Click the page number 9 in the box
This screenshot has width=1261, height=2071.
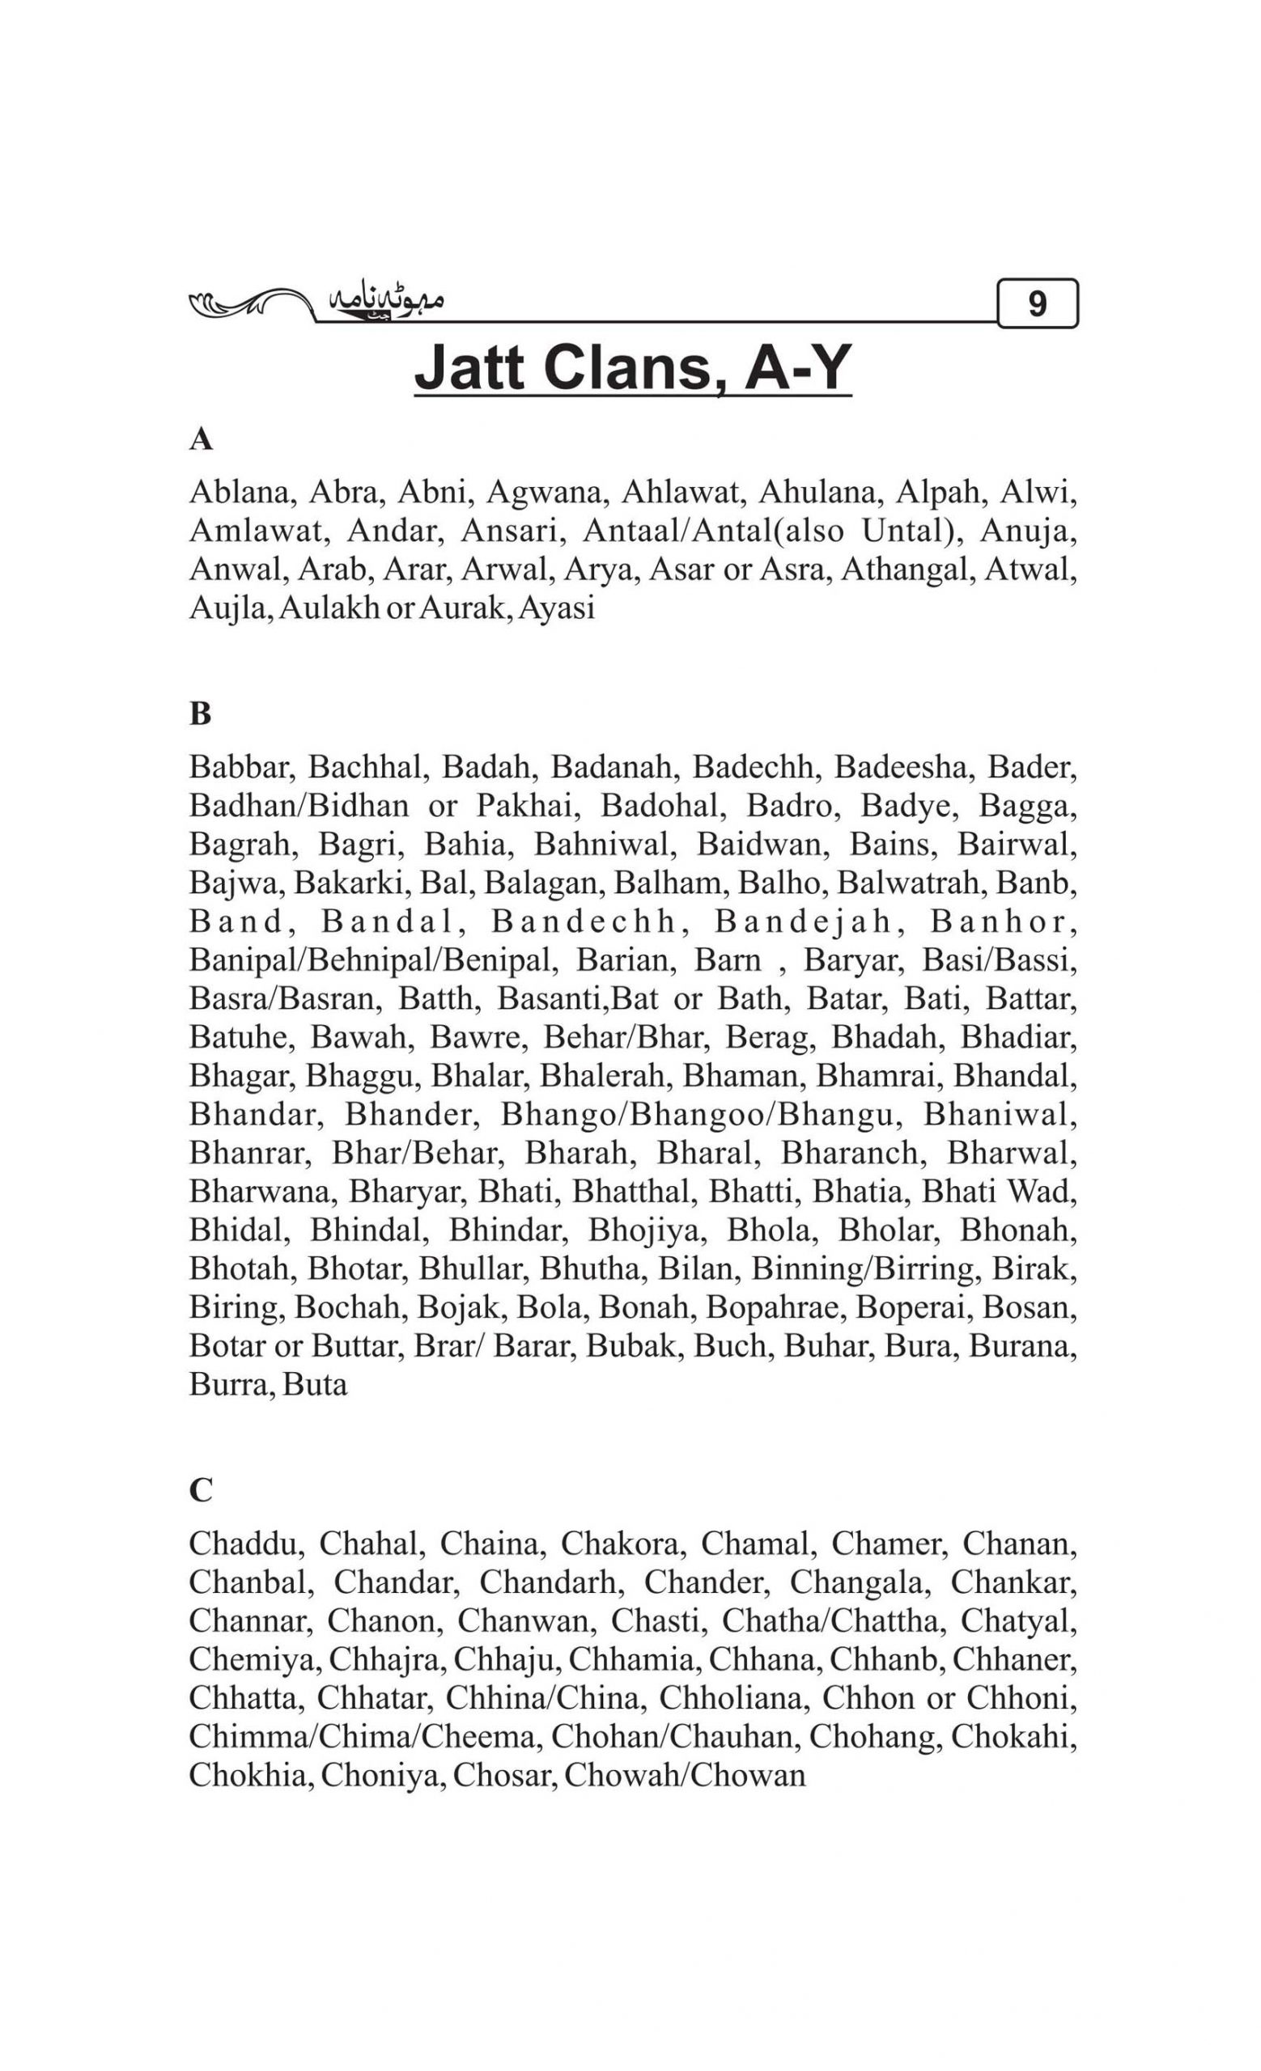(x=1037, y=303)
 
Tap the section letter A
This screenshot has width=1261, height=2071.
(x=200, y=439)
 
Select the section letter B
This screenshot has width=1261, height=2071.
(x=200, y=714)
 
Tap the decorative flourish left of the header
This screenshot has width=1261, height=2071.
(x=248, y=303)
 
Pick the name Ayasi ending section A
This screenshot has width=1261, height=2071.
(x=557, y=608)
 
